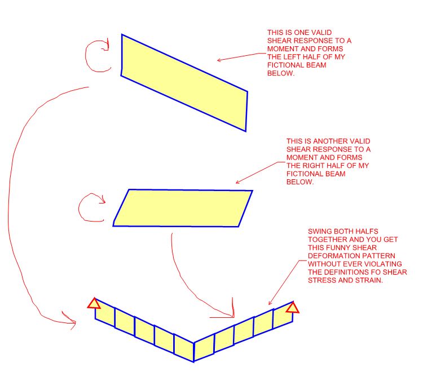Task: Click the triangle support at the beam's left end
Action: (94, 304)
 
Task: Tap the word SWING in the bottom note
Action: (320, 232)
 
